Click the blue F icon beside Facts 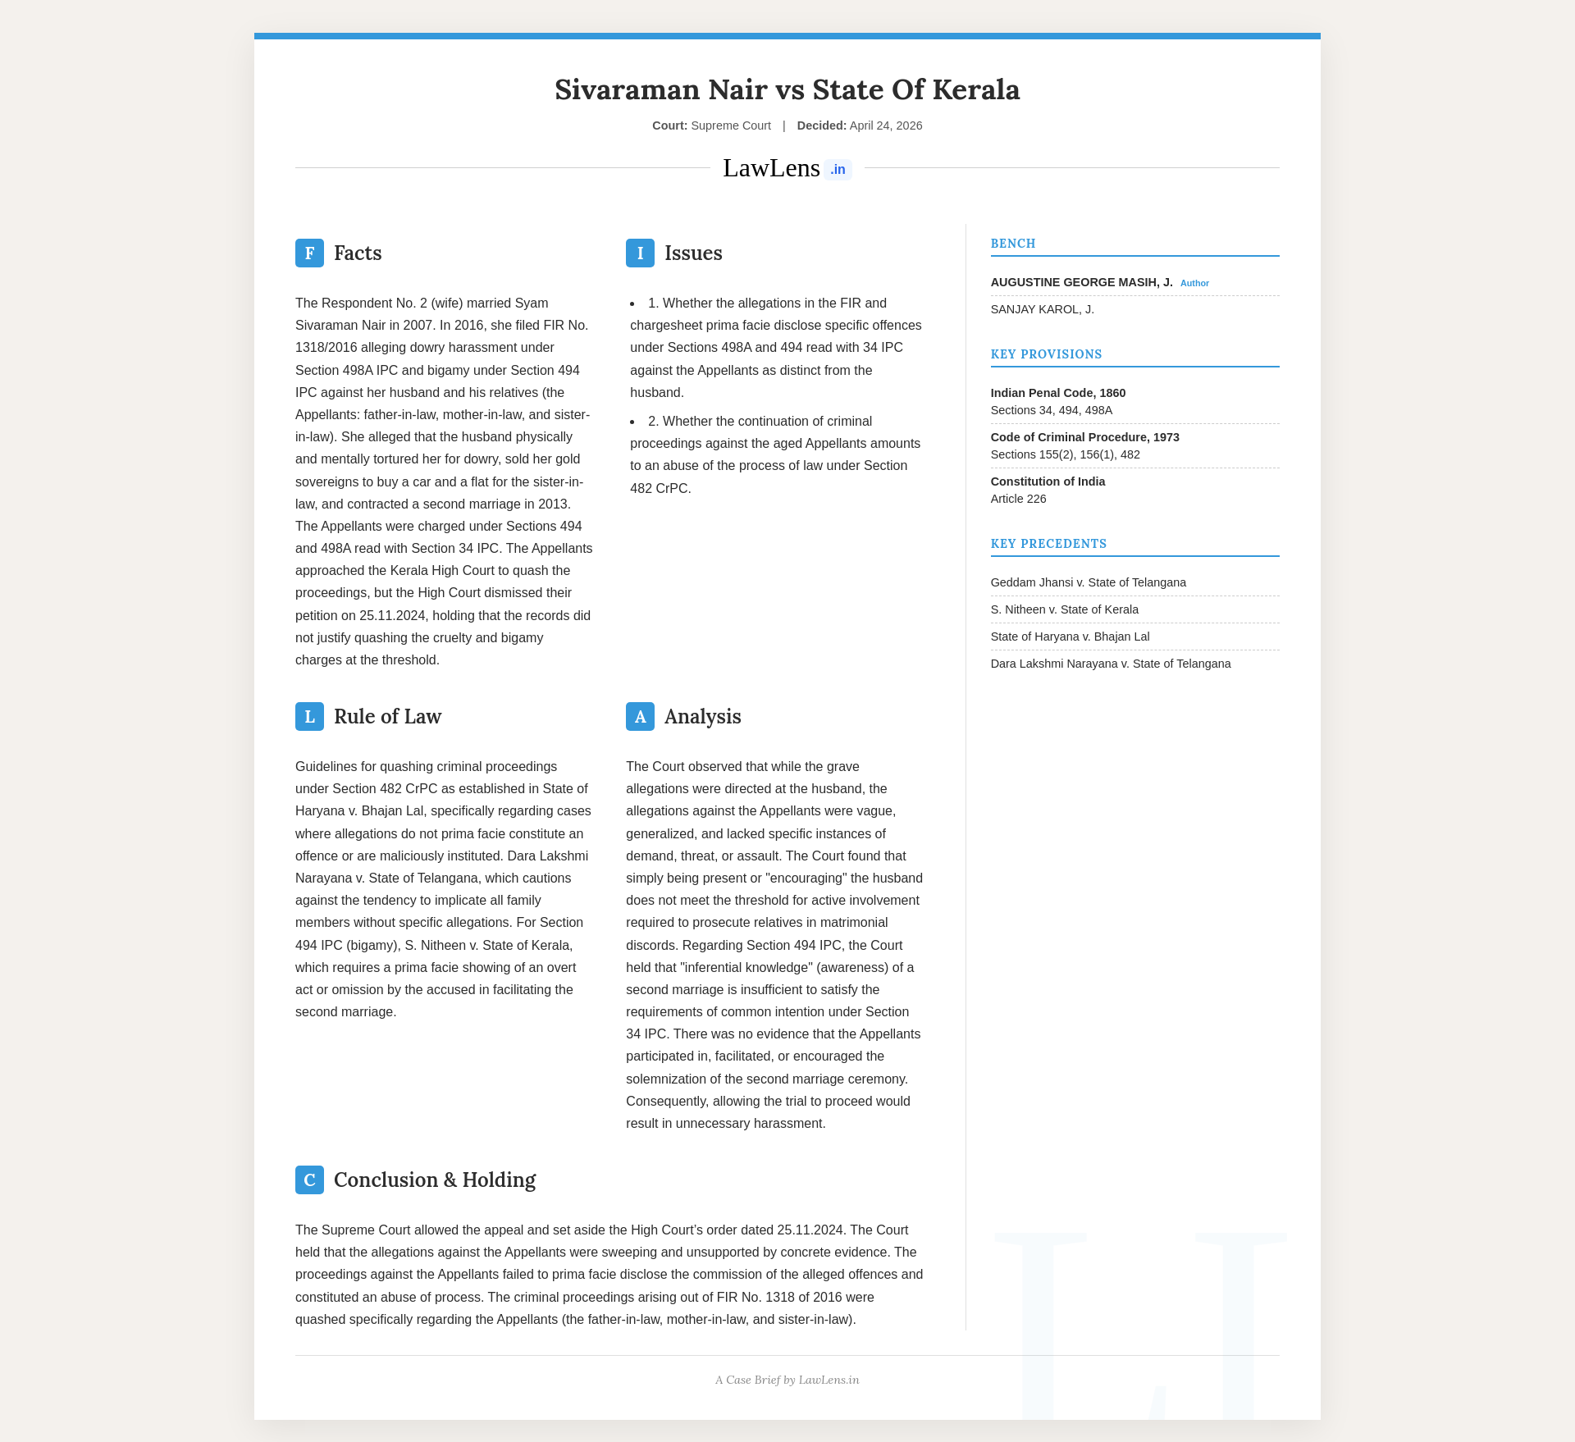309,253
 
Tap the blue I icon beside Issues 640,253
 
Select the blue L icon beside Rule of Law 309,717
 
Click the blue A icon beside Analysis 640,717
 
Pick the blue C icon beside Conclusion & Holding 309,1180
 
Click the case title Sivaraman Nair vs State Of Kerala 787,89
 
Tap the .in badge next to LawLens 838,170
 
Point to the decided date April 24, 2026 885,125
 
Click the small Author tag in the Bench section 1194,283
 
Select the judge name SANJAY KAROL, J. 1042,309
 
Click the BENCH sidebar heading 1013,244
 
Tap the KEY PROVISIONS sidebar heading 1046,354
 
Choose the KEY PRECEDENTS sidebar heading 1048,544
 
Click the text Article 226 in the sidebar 1018,499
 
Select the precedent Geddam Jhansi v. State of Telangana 1088,582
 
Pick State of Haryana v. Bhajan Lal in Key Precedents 1070,637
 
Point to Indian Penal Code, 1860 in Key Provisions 1057,393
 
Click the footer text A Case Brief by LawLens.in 787,1380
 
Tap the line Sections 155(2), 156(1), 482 1065,454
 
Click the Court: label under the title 669,125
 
